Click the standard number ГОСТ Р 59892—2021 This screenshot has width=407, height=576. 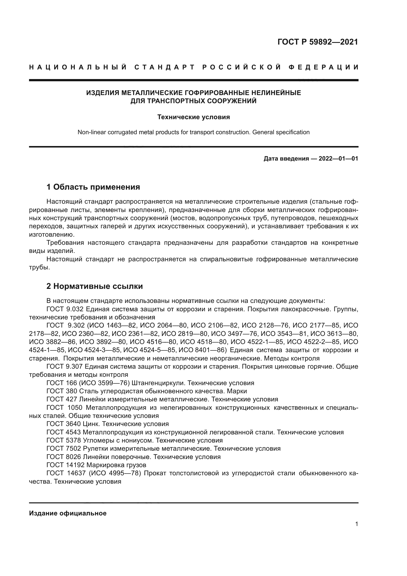[x=317, y=42]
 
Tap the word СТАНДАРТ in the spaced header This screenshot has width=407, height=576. [x=165, y=67]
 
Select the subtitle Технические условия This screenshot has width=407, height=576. [x=193, y=117]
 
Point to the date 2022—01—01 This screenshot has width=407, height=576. [x=338, y=159]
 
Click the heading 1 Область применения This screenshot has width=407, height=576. [x=93, y=187]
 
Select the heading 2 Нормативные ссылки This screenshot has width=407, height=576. [x=95, y=286]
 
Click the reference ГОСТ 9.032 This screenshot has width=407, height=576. [x=64, y=309]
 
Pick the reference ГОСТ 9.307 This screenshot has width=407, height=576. [x=64, y=367]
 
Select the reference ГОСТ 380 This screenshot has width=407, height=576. [x=62, y=391]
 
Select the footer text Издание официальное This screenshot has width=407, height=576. [x=68, y=513]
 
